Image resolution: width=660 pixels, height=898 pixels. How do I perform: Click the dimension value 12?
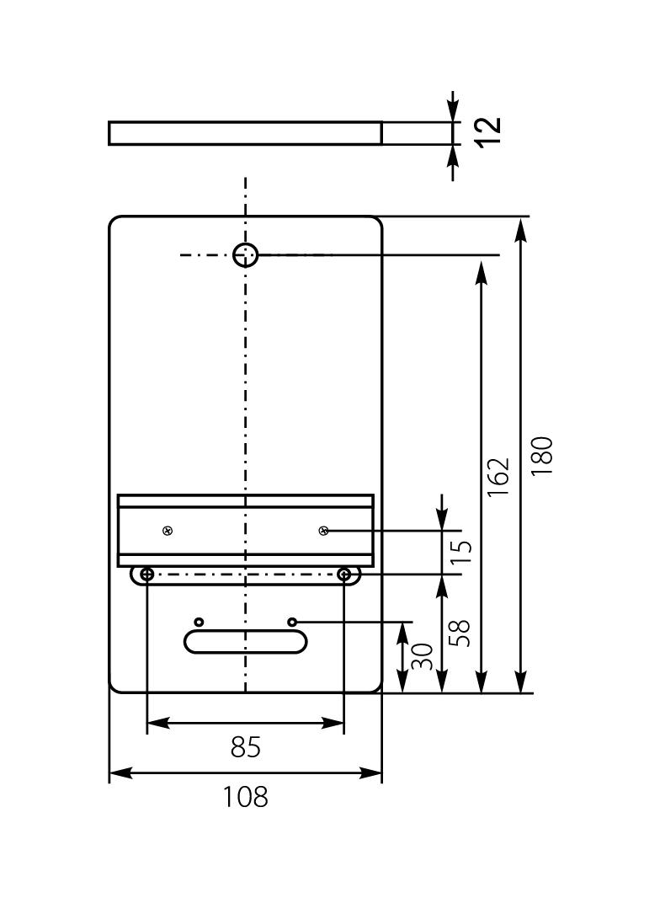(487, 131)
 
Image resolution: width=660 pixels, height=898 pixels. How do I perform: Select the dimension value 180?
(543, 456)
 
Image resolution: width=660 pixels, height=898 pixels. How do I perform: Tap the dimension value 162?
(499, 477)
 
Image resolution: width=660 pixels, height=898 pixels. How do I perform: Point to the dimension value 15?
(460, 552)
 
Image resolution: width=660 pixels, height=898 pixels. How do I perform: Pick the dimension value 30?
(423, 657)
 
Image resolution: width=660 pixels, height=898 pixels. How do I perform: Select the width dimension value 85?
(245, 747)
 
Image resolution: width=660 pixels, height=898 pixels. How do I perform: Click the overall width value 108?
(245, 796)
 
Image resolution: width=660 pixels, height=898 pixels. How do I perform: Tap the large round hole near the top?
(245, 254)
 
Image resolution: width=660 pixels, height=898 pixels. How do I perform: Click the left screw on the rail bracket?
(168, 531)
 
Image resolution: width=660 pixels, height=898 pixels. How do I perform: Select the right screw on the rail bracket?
(323, 531)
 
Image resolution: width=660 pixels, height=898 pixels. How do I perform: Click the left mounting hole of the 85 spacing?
(147, 575)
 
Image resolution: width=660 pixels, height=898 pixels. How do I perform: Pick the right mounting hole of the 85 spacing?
(343, 575)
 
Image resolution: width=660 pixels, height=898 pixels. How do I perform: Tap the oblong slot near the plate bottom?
(245, 642)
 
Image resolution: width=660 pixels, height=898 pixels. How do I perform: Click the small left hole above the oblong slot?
(199, 622)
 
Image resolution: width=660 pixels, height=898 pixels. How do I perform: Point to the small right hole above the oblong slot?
(292, 622)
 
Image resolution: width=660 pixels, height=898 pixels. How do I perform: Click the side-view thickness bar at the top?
(245, 133)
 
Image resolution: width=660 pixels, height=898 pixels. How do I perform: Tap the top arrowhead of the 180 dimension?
(523, 227)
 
